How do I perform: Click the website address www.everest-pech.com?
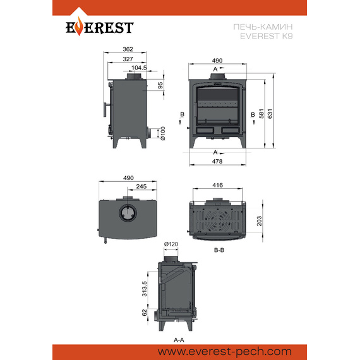225,352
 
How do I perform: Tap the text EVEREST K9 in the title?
267,36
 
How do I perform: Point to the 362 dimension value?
128,49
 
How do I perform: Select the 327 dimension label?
128,59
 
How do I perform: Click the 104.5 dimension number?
139,68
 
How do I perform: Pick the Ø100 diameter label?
162,133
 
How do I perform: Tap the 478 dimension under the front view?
217,162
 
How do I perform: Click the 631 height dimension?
270,114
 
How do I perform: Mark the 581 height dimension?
261,114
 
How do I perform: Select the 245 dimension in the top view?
141,186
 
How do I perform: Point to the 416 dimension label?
217,185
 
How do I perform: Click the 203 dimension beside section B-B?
259,221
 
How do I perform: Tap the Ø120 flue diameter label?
171,244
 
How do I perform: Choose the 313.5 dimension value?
145,289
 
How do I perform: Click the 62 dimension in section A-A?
145,313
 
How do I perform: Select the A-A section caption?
179,340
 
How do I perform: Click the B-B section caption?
219,250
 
